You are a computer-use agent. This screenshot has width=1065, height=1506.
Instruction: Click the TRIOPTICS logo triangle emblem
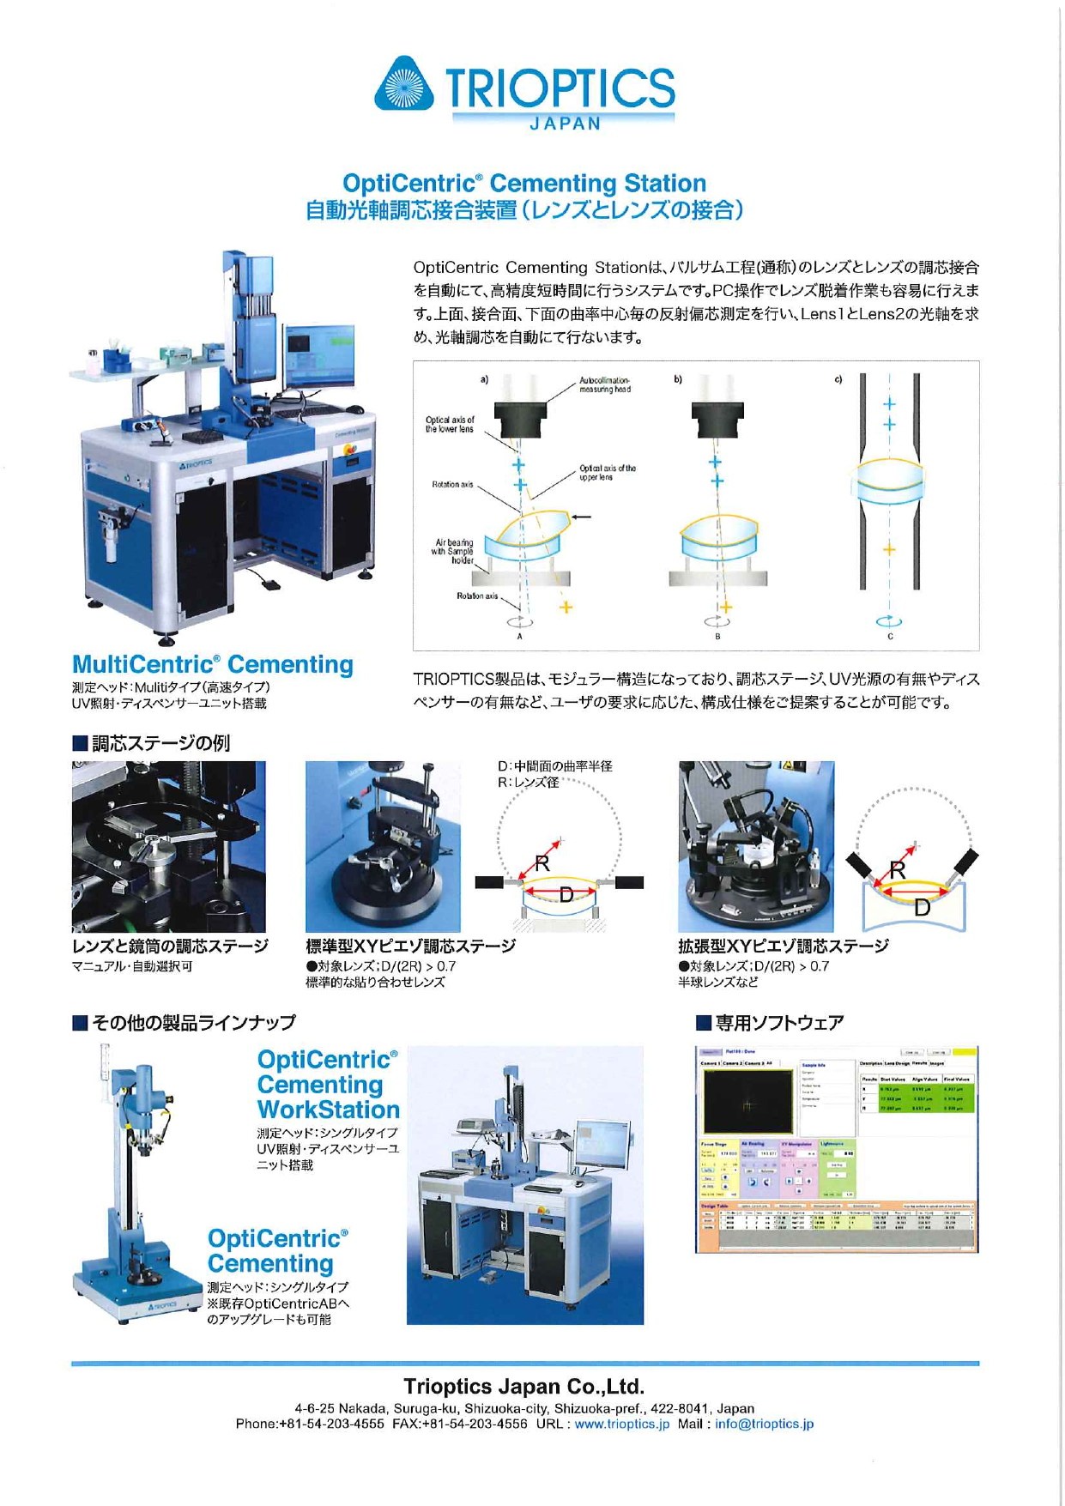(x=404, y=85)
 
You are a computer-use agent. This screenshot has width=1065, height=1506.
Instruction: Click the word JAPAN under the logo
(x=566, y=124)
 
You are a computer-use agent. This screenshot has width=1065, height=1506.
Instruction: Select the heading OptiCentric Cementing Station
(x=523, y=183)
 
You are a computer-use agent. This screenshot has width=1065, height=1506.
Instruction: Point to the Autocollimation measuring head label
(x=605, y=384)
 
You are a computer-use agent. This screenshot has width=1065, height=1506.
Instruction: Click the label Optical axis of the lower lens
(x=449, y=424)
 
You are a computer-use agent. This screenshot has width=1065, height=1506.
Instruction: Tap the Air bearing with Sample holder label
(x=454, y=552)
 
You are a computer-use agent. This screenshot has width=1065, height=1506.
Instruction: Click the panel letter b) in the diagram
(x=678, y=379)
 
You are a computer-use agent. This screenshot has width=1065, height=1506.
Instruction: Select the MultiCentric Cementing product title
(x=212, y=664)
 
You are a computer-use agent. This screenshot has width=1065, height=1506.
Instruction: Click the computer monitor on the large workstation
(x=320, y=354)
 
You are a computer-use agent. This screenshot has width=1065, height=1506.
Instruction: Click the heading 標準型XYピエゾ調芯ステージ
(x=410, y=946)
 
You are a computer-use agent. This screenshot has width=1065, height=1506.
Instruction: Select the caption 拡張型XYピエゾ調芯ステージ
(x=783, y=946)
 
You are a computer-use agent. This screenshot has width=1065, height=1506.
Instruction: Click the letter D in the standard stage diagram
(x=566, y=895)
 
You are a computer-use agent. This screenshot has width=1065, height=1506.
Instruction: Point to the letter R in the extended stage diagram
(x=898, y=869)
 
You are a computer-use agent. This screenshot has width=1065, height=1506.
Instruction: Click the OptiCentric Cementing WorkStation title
(x=328, y=1085)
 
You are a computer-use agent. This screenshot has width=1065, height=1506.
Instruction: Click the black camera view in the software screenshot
(x=747, y=1101)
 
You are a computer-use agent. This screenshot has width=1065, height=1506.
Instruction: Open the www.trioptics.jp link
(x=621, y=1423)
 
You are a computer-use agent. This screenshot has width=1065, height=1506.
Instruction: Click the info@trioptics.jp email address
(x=764, y=1423)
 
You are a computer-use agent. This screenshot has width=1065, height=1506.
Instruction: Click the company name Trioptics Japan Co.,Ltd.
(x=523, y=1386)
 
